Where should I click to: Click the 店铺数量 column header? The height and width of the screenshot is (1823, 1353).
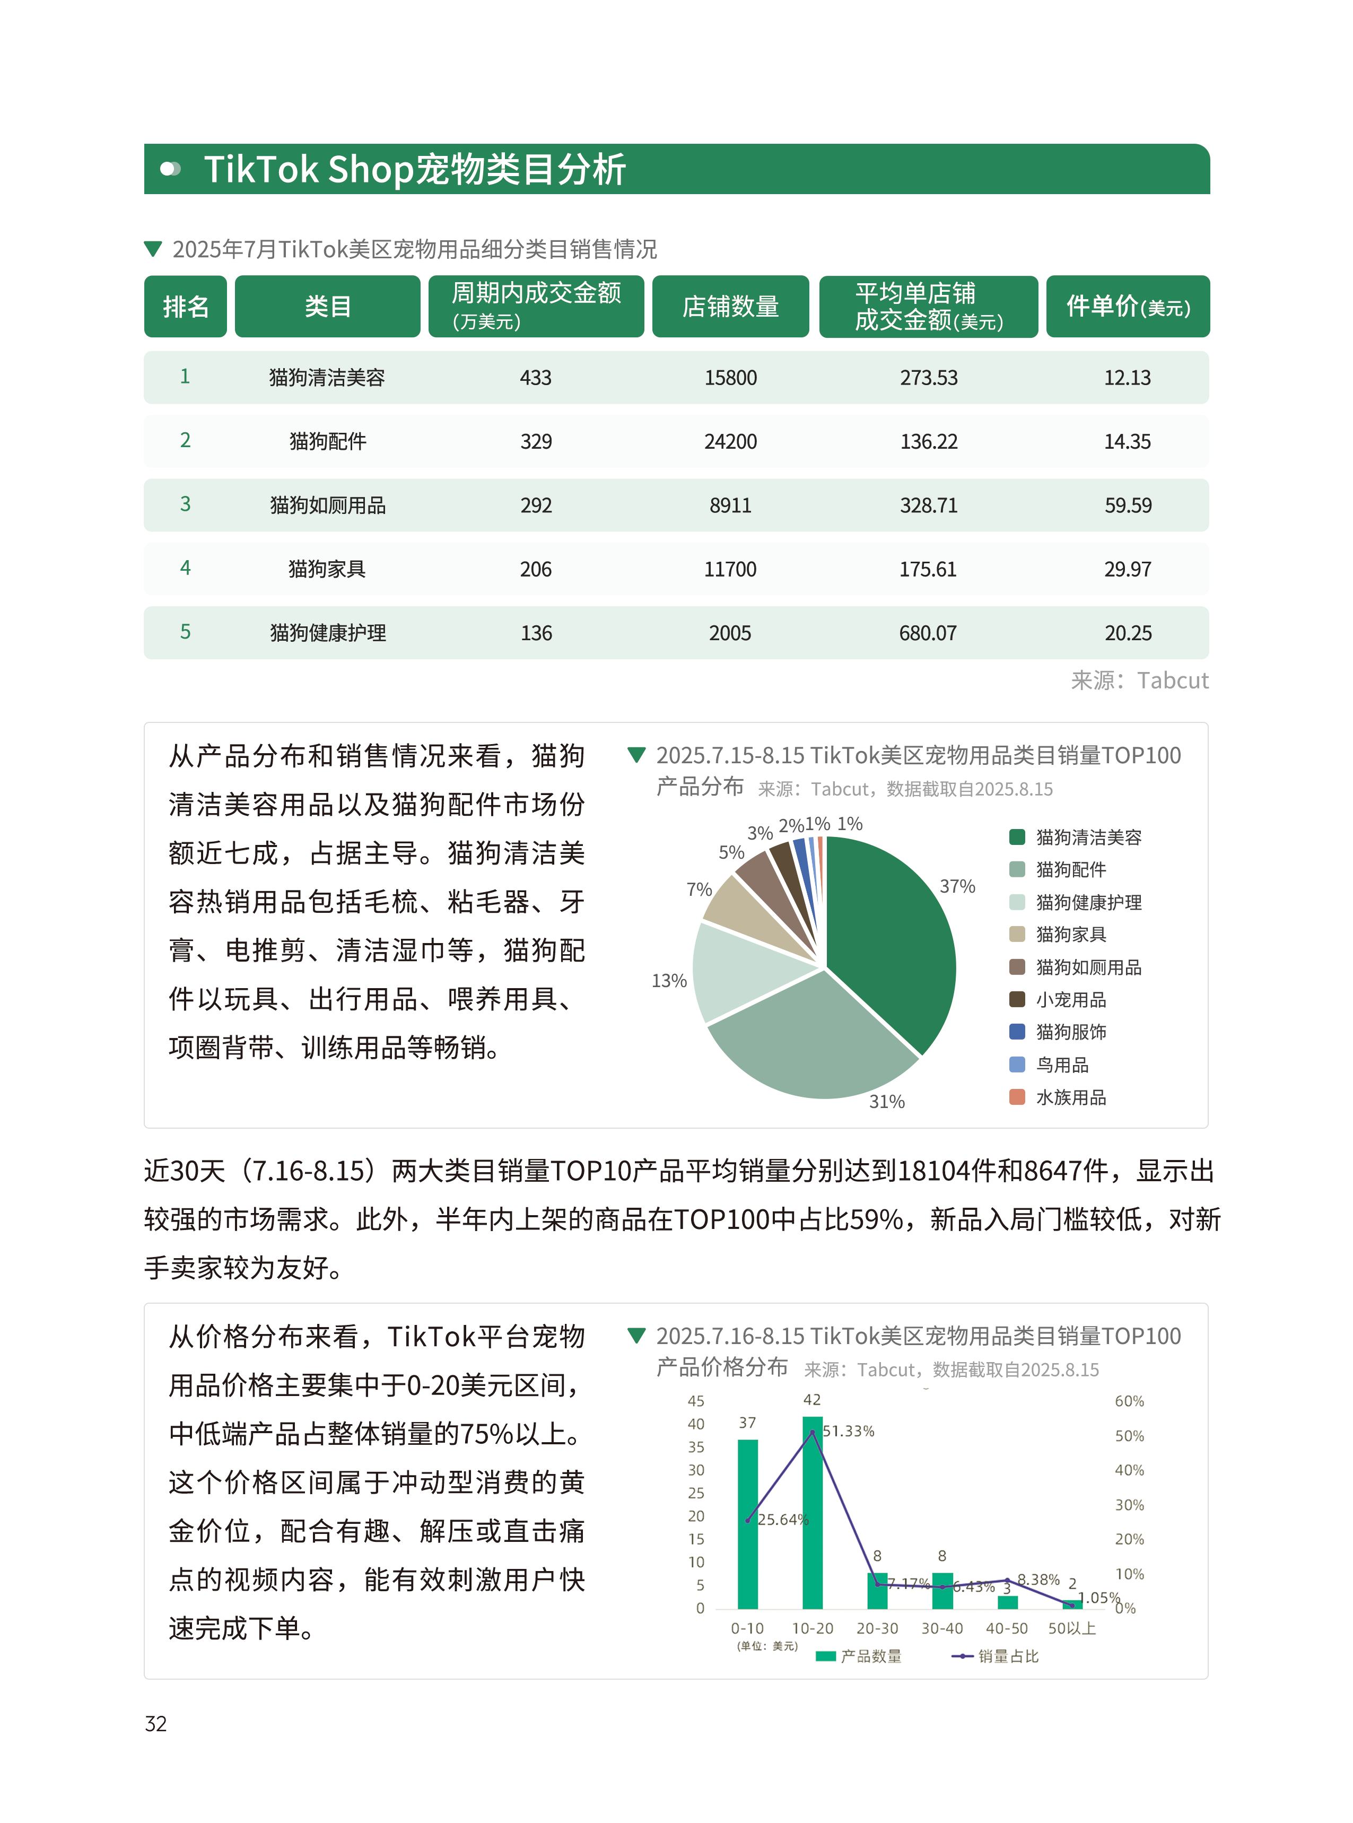730,306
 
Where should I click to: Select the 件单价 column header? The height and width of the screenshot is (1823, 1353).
1127,306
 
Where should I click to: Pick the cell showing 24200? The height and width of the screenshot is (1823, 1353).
730,441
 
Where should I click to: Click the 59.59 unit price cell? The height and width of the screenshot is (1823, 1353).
1127,505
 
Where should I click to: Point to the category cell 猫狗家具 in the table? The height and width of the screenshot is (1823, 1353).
327,569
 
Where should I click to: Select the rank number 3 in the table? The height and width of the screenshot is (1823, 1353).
185,504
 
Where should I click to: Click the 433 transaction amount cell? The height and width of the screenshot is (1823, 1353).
536,378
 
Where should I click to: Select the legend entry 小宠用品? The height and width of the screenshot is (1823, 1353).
1070,1000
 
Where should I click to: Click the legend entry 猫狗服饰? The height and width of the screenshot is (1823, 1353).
1070,1032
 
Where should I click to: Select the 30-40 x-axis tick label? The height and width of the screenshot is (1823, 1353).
942,1629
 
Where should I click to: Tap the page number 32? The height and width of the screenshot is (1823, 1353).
155,1724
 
